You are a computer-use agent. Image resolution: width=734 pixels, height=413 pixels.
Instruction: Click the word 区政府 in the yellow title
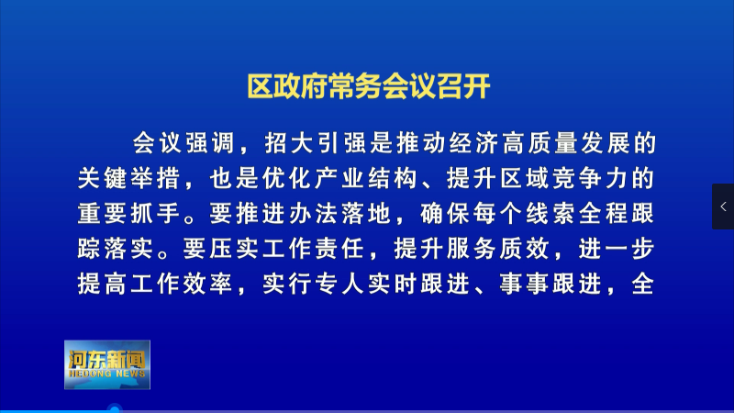(287, 86)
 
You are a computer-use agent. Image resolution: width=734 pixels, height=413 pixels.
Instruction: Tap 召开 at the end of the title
(463, 86)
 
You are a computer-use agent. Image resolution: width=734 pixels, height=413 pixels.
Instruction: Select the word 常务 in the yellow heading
(355, 86)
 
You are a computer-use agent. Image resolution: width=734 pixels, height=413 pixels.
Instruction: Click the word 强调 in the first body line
(210, 143)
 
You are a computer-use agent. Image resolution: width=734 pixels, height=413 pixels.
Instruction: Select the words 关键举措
(128, 178)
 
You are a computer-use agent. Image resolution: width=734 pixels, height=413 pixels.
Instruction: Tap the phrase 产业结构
(366, 178)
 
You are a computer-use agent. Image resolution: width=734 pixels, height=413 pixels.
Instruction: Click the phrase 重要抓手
(128, 214)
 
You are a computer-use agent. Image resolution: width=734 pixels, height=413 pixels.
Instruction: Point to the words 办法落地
(339, 214)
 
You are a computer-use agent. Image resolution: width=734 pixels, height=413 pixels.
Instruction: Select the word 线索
(550, 214)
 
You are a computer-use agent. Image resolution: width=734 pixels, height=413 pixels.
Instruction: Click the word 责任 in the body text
(339, 249)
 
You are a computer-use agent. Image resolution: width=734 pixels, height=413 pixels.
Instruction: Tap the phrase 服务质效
(497, 249)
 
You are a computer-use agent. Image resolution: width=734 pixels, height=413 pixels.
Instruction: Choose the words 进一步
(616, 249)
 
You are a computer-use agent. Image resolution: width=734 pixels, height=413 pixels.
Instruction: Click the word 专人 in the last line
(339, 284)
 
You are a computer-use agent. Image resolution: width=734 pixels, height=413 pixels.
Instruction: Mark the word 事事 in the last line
(524, 284)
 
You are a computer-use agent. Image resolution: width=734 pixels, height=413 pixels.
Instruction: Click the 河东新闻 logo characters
(107, 360)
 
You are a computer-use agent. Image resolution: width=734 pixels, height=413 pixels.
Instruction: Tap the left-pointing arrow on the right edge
(723, 206)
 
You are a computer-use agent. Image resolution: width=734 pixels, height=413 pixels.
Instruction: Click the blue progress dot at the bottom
(115, 410)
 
